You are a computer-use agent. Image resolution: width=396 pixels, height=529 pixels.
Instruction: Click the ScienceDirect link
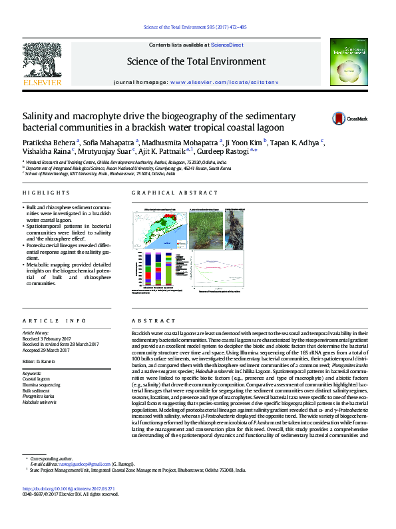(227, 45)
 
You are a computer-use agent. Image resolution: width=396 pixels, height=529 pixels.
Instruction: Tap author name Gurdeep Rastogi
(224, 151)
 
